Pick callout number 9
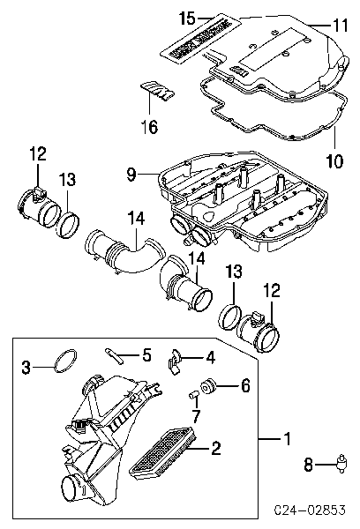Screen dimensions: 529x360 (131, 175)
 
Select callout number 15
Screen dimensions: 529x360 (209, 17)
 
